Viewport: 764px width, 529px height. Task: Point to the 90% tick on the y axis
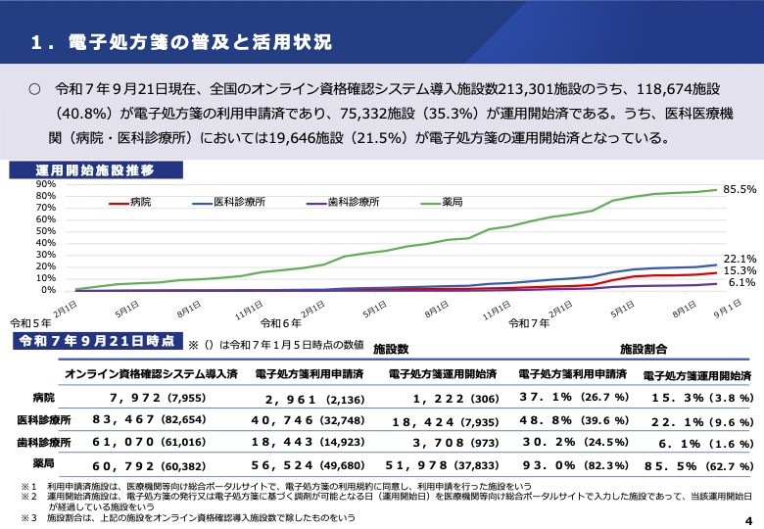point(46,184)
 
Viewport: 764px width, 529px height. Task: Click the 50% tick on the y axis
point(46,218)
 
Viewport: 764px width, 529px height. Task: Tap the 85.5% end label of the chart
point(739,188)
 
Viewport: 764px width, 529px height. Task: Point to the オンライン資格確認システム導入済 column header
point(151,374)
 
